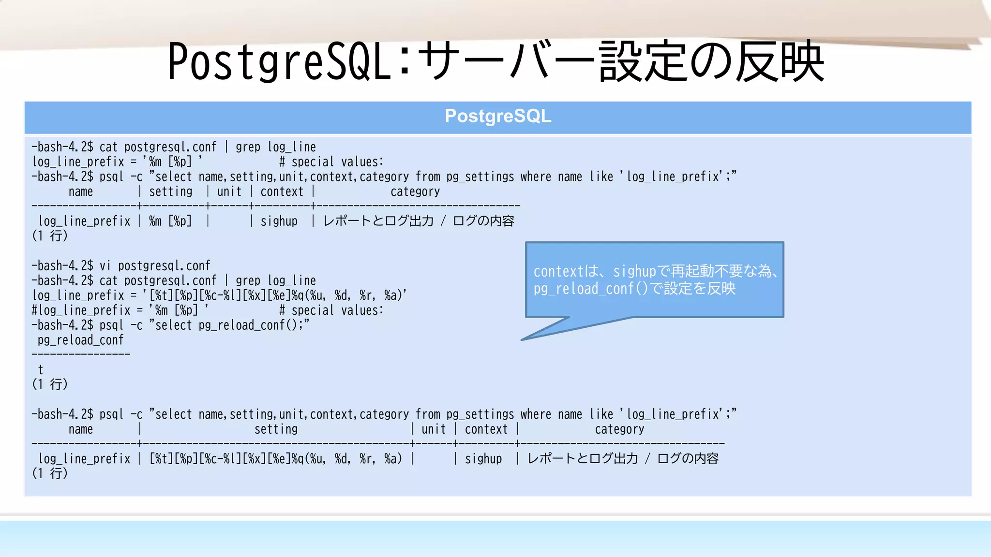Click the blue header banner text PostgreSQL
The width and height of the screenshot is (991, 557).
click(x=497, y=116)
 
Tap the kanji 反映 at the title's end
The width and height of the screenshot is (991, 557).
click(x=780, y=62)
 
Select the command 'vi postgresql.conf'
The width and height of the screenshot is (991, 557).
click(x=155, y=265)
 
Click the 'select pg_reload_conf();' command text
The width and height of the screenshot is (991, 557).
click(x=228, y=325)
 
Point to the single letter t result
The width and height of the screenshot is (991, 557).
click(x=41, y=370)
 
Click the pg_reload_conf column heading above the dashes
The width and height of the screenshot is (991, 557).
click(x=81, y=340)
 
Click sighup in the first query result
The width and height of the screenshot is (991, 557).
click(x=279, y=221)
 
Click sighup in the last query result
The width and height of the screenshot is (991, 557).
click(x=483, y=458)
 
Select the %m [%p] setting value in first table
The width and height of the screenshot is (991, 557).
click(x=170, y=221)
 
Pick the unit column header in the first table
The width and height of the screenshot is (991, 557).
click(x=229, y=191)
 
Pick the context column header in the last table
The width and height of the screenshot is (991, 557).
click(x=486, y=429)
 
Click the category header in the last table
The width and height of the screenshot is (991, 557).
click(x=619, y=429)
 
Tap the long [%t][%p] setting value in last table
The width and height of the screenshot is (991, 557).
click(x=276, y=458)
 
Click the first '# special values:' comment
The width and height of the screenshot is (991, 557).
click(x=331, y=161)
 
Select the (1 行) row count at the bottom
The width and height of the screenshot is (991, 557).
click(x=50, y=473)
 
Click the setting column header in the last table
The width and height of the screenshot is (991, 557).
click(x=276, y=429)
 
